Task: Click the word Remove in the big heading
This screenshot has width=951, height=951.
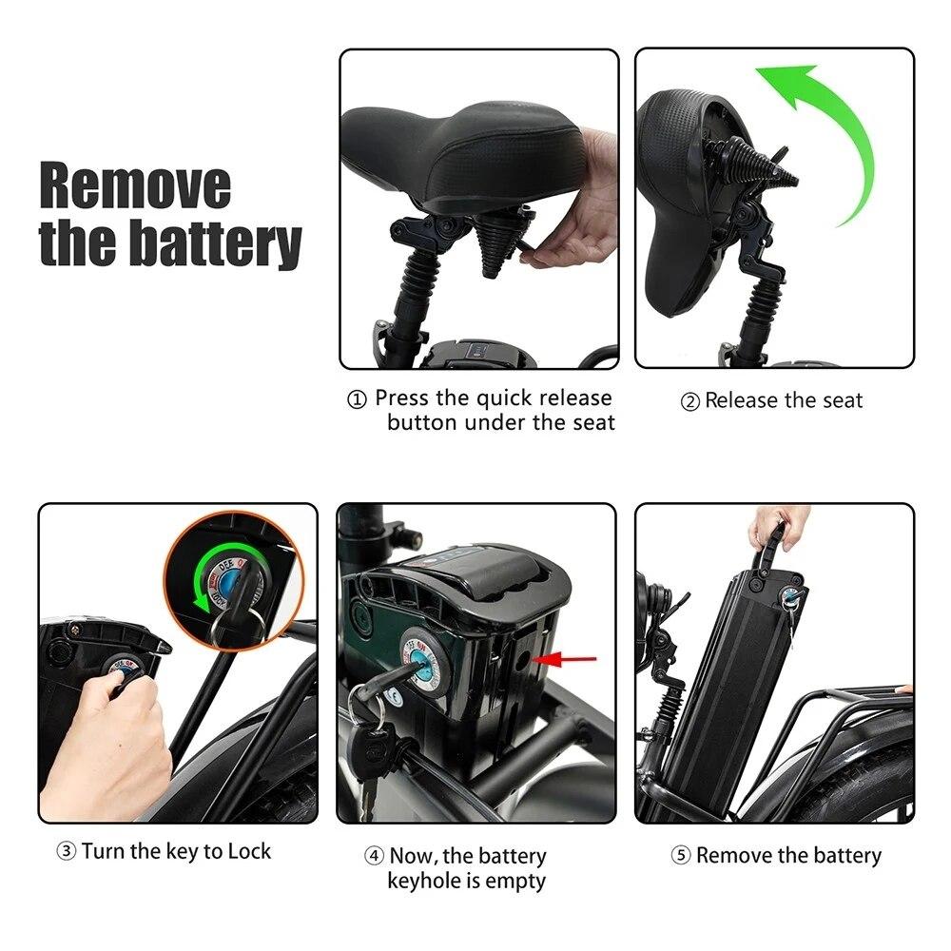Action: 135,185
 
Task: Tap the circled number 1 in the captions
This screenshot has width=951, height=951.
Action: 358,399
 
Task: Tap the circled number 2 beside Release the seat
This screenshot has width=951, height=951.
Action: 690,401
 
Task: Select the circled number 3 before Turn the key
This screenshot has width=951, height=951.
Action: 67,851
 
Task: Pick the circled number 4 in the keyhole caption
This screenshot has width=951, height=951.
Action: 374,856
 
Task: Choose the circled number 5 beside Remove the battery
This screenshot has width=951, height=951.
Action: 681,855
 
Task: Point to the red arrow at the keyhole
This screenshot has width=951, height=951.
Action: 565,659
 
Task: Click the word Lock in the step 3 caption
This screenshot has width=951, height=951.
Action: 249,851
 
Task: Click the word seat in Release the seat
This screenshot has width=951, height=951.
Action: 843,401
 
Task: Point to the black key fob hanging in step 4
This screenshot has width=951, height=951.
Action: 372,753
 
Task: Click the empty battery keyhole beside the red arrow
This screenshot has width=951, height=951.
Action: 520,660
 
